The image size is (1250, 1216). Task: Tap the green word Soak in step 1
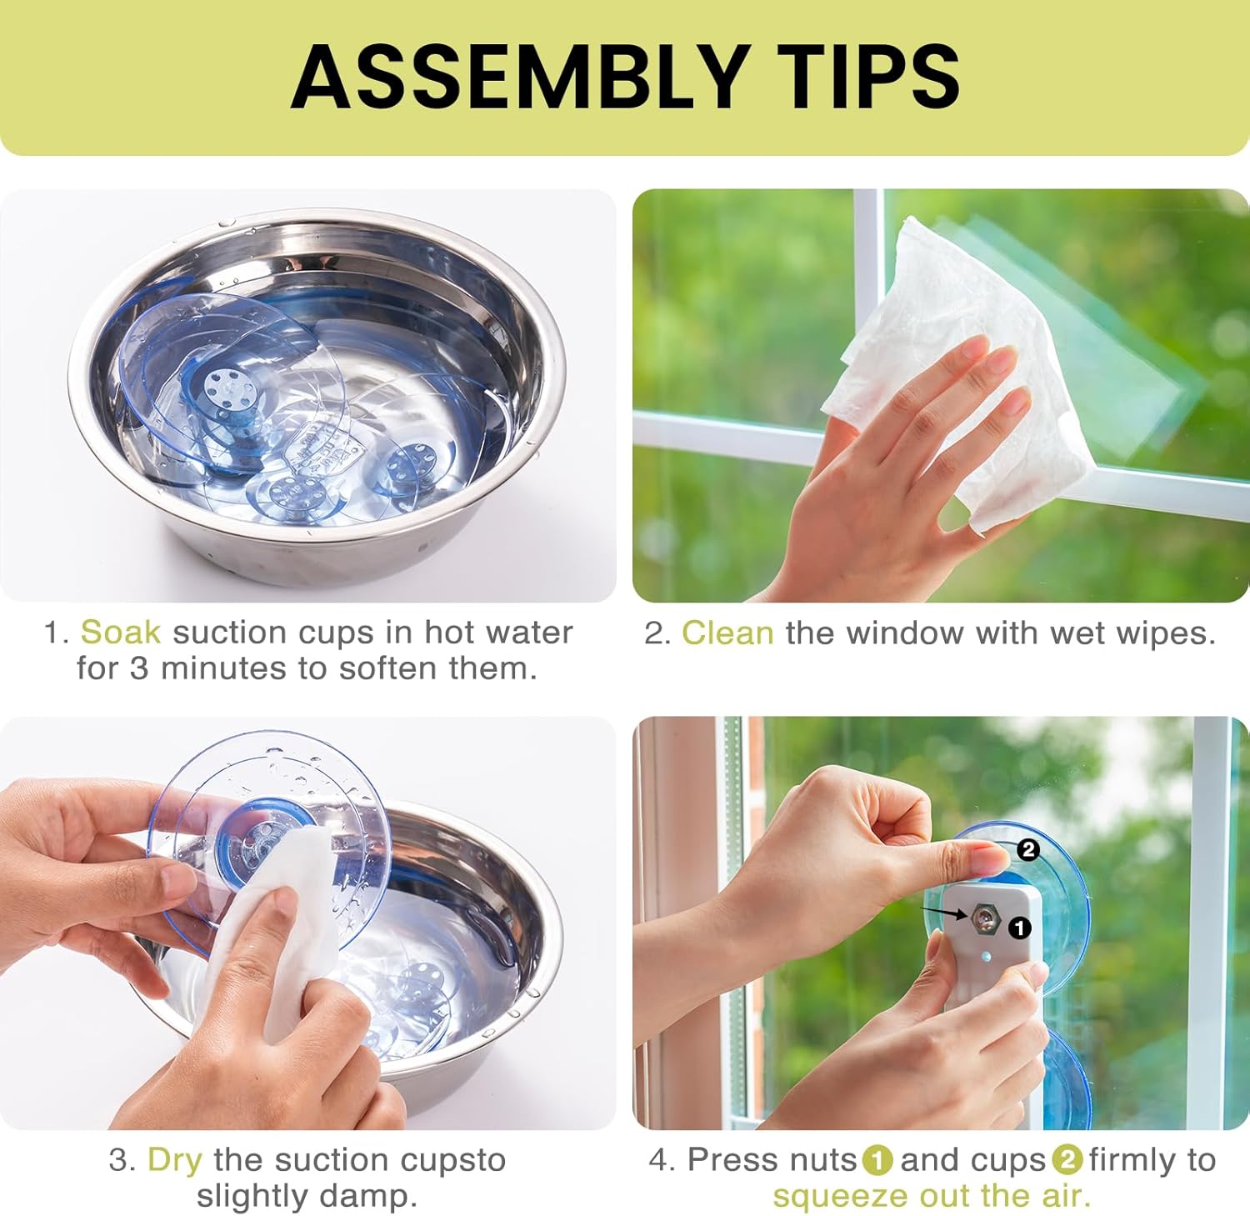point(120,632)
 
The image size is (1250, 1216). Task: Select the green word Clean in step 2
point(727,633)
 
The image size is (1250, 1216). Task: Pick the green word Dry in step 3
point(174,1160)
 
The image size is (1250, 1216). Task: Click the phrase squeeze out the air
point(932,1196)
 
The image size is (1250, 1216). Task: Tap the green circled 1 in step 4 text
point(877,1160)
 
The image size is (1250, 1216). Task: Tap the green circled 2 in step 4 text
point(1067,1160)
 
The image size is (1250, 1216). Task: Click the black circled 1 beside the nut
point(1019,928)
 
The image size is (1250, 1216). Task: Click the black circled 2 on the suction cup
point(1028,849)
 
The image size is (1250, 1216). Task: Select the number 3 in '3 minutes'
point(138,668)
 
